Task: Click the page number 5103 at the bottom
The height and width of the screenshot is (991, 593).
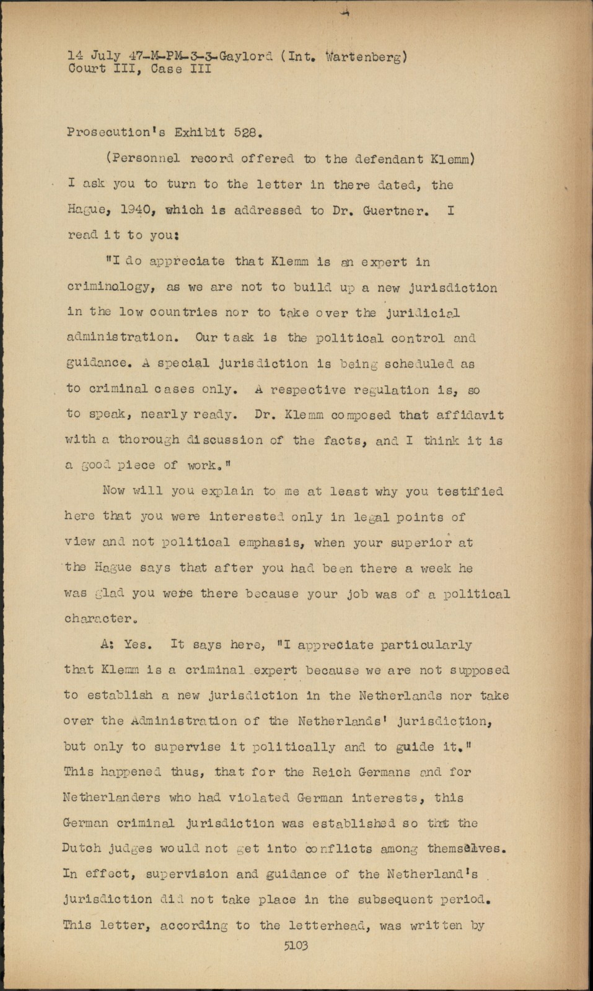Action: pos(296,946)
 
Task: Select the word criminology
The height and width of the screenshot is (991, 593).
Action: pos(103,287)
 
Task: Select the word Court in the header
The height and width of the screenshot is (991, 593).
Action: pos(86,69)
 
